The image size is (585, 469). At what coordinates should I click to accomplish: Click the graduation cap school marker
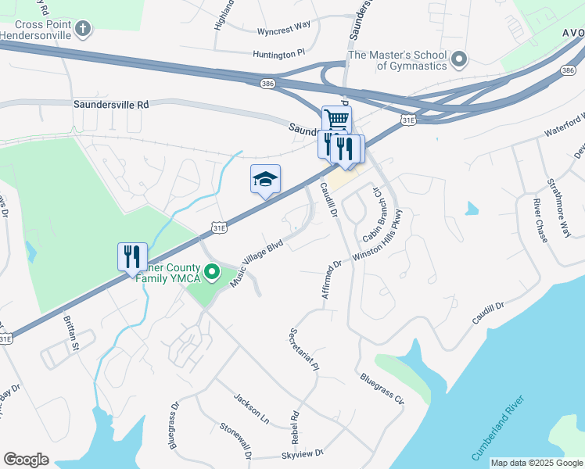(x=265, y=180)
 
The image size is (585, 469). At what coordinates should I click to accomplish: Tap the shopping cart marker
(x=336, y=120)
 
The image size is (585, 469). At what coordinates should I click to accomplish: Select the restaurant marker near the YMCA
(x=132, y=256)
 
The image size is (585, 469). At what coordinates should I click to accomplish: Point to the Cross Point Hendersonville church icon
(x=83, y=30)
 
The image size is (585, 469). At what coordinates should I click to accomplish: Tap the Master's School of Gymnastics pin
(x=460, y=59)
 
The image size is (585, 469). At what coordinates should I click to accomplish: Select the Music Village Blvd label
(x=262, y=259)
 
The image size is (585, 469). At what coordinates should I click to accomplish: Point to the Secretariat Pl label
(x=305, y=348)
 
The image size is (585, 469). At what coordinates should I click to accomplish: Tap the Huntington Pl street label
(x=278, y=54)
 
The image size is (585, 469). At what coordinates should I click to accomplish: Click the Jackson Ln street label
(x=251, y=409)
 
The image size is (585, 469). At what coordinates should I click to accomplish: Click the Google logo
(x=26, y=460)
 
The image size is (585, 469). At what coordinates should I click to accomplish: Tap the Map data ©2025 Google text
(x=537, y=463)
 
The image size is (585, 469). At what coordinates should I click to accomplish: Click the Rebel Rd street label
(x=296, y=426)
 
